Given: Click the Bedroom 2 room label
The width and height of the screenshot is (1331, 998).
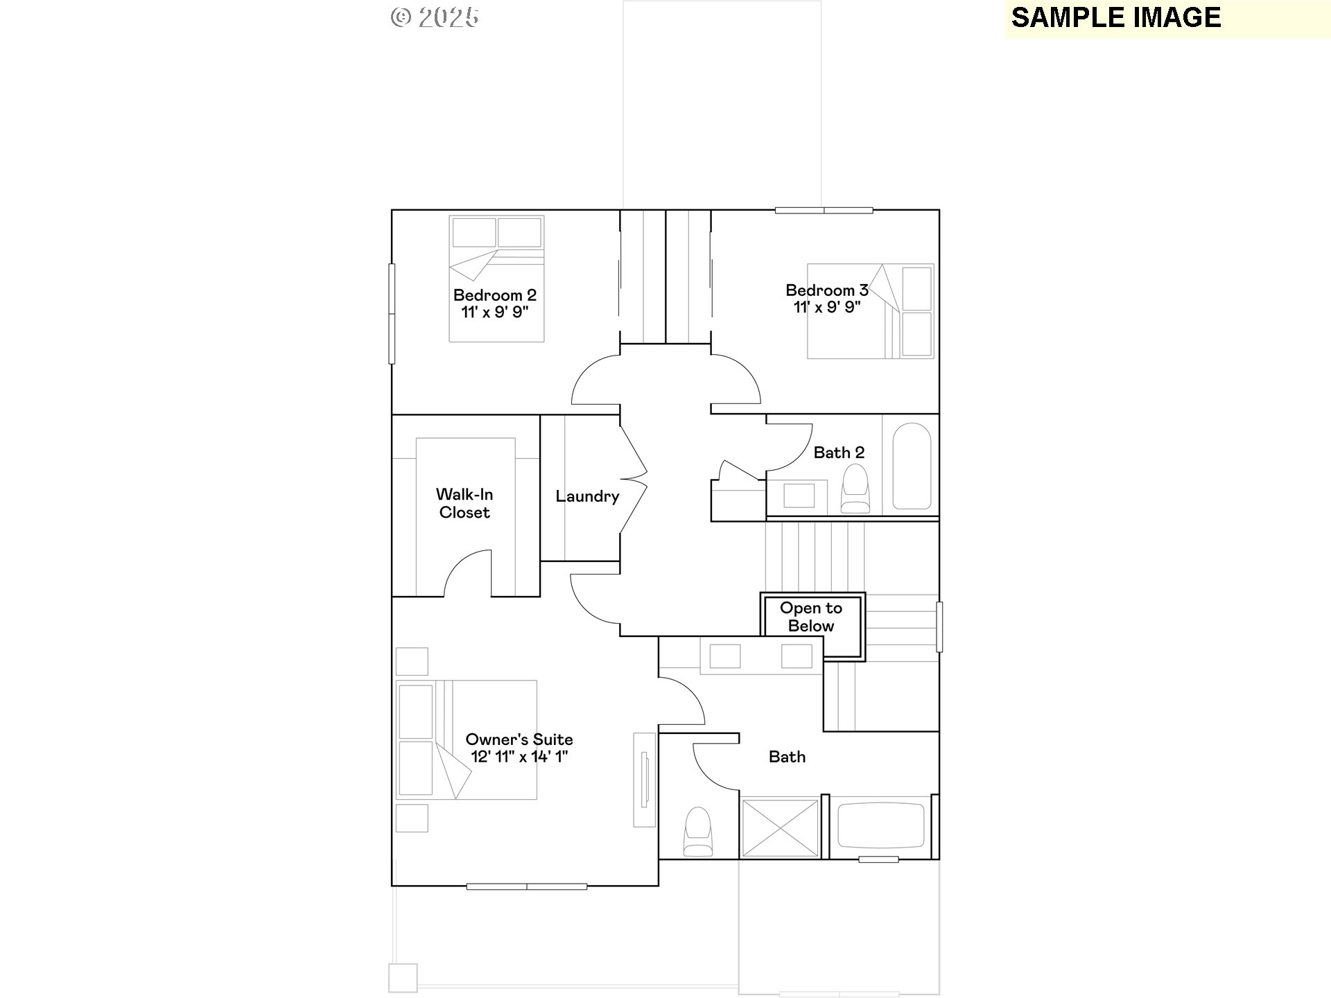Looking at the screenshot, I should point(494,295).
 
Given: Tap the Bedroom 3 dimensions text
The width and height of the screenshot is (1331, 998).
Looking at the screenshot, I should point(827,308).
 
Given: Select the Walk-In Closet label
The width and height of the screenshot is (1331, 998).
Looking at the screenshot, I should point(464,503).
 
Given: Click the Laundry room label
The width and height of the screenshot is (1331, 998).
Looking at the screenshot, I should point(586,496).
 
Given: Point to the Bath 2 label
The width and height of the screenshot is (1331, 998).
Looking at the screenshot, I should point(839,453).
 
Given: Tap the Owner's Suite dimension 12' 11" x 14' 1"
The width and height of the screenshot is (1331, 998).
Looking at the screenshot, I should point(519,757).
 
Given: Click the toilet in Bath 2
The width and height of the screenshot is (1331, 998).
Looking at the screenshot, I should point(855,489).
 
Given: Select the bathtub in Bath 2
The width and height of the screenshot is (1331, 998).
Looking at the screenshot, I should point(911,466).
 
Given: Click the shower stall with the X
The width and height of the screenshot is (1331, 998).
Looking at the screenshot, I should point(780,828).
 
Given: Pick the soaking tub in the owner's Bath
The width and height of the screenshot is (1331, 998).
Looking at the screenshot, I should point(880,825).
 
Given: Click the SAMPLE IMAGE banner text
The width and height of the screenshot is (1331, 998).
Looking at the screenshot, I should point(1115,18).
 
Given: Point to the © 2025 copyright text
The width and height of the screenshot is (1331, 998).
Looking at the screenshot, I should point(435,17).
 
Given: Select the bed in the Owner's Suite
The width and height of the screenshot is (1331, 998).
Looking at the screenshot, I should point(466,739).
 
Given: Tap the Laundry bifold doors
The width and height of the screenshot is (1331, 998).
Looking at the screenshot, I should point(632,479).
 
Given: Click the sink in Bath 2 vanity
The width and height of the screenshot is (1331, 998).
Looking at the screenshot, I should point(799,496).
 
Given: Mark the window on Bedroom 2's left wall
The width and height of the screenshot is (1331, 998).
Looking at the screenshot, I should point(392,313).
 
